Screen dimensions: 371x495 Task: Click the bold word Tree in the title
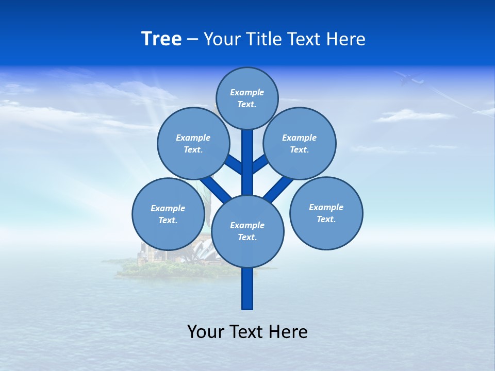click(161, 39)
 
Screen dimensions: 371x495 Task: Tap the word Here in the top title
click(346, 39)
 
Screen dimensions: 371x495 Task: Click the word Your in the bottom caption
click(206, 332)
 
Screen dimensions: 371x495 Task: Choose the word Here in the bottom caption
click(287, 332)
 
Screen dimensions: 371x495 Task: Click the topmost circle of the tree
click(247, 98)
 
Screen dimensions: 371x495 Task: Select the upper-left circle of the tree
click(193, 143)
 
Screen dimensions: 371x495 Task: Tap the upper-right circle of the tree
click(299, 143)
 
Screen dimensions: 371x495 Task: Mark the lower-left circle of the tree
click(168, 214)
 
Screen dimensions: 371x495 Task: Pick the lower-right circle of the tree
click(326, 213)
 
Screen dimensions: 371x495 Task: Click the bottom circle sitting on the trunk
click(247, 231)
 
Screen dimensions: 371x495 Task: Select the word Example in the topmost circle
click(247, 93)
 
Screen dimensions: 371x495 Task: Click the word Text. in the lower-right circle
click(326, 219)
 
